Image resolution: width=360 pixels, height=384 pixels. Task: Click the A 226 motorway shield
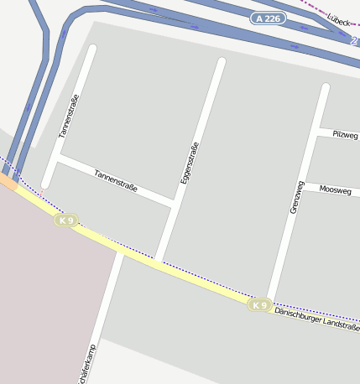click(x=268, y=18)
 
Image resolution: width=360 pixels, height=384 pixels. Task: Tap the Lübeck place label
click(x=338, y=19)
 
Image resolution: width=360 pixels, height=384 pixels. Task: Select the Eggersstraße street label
click(x=190, y=163)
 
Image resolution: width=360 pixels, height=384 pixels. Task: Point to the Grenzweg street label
click(x=295, y=196)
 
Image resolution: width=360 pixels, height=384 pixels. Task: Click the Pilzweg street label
click(x=345, y=134)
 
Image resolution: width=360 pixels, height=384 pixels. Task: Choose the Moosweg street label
click(x=335, y=189)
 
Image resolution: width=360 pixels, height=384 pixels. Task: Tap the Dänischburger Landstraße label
click(x=317, y=317)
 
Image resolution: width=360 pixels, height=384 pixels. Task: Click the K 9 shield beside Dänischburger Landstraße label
click(x=260, y=305)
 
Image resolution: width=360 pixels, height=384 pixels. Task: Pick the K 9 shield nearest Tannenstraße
click(x=65, y=221)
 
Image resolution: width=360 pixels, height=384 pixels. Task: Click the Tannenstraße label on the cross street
click(x=116, y=180)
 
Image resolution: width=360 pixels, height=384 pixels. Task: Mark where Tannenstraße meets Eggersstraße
click(x=174, y=203)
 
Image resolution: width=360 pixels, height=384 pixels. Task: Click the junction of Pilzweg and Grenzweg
click(x=317, y=130)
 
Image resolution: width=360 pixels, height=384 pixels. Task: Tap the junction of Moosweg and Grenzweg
click(x=305, y=184)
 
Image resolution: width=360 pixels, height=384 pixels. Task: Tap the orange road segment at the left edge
click(x=8, y=181)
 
